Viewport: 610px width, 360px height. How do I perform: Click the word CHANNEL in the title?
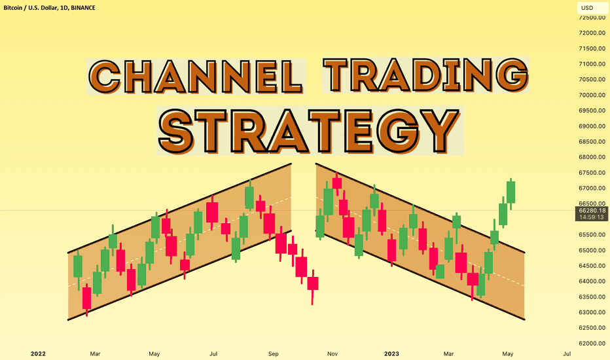click(x=196, y=77)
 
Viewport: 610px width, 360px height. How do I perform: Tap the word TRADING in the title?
click(x=426, y=75)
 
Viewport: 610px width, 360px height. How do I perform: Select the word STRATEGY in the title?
click(x=310, y=131)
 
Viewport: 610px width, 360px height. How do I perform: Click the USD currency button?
click(x=590, y=8)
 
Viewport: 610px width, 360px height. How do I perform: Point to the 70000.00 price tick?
click(x=592, y=95)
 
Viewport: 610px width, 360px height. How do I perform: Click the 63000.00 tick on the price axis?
click(x=592, y=312)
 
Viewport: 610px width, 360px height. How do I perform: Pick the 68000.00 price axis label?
click(x=592, y=157)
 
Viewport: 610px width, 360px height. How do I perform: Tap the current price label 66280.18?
click(x=592, y=210)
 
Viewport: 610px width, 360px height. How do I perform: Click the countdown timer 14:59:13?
click(x=591, y=217)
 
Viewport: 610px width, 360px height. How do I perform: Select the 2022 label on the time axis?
click(x=38, y=353)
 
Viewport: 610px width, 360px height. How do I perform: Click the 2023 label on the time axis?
click(x=391, y=353)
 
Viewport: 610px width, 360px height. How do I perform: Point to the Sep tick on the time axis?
click(x=274, y=353)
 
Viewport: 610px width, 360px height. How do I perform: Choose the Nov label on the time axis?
click(x=332, y=353)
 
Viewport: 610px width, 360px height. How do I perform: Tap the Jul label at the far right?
click(x=567, y=353)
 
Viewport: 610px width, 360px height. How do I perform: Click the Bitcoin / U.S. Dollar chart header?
click(x=49, y=8)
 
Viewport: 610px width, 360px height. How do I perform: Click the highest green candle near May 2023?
click(x=511, y=192)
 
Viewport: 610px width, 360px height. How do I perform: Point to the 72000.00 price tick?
click(x=592, y=33)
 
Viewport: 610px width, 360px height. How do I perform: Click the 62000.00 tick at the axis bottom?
click(x=592, y=343)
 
